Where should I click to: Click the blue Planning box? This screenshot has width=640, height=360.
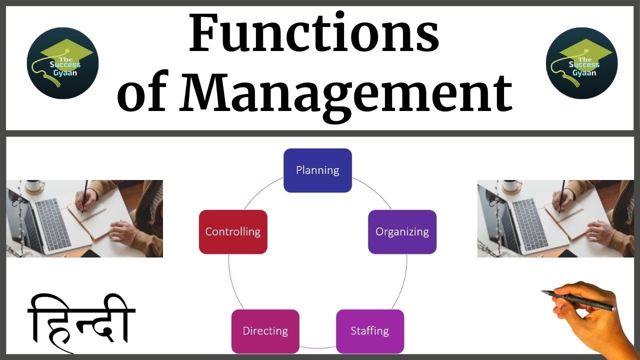tap(317, 170)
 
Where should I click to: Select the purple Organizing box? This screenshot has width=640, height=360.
tap(402, 232)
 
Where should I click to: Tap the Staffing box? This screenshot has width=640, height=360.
tap(369, 331)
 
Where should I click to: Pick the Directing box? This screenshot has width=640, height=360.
tap(265, 331)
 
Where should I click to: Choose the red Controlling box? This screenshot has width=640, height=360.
tap(233, 232)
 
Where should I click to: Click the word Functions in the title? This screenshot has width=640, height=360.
tap(313, 34)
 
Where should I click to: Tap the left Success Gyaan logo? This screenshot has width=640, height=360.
tap(62, 63)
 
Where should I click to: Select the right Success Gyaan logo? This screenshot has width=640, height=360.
tap(581, 63)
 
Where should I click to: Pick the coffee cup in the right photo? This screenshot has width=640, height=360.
tap(511, 186)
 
